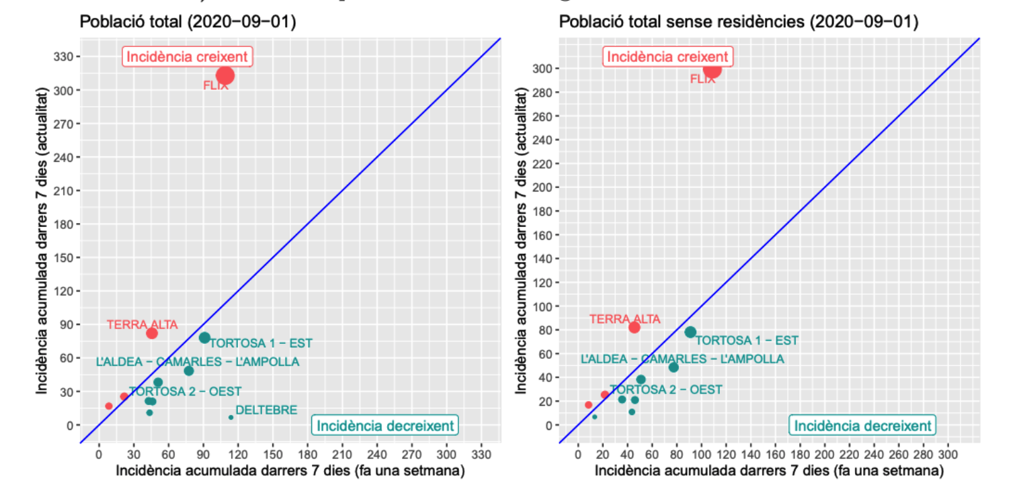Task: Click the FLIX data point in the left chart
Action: tap(225, 75)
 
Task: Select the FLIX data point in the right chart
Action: tap(712, 69)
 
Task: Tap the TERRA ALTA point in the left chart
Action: tap(152, 333)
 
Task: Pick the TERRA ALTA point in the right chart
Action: tap(634, 327)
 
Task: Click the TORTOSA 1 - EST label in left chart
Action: tap(261, 343)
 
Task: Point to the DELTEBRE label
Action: tap(266, 410)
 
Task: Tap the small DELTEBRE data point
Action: tap(231, 417)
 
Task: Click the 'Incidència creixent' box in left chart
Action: tap(188, 57)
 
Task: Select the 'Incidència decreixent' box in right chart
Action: tap(863, 425)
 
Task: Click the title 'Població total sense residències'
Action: tap(739, 22)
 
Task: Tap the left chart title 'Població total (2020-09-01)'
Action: tap(188, 22)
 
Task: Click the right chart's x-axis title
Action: tap(769, 472)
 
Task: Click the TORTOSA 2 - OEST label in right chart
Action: tap(665, 390)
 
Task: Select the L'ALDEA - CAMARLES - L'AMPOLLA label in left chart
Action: tap(198, 362)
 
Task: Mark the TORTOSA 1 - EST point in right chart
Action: tap(690, 332)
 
